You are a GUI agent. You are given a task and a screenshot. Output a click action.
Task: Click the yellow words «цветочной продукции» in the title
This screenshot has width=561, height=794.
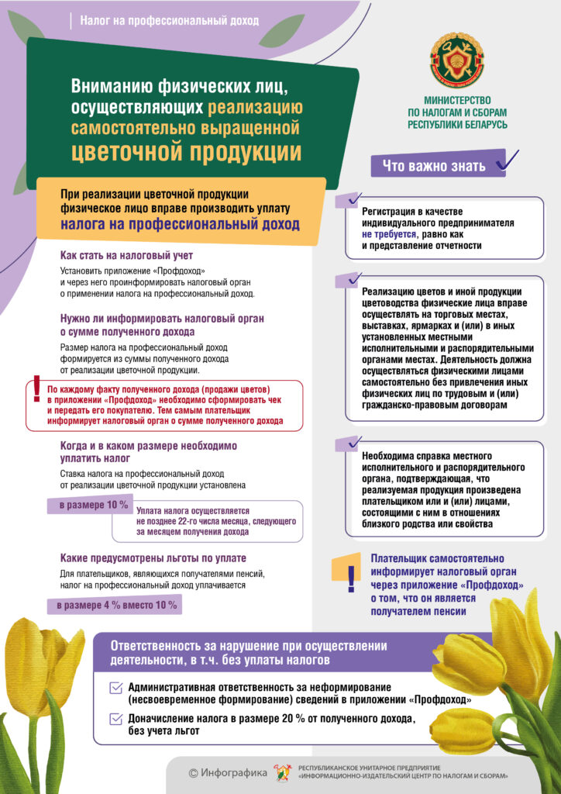pyautogui.click(x=187, y=150)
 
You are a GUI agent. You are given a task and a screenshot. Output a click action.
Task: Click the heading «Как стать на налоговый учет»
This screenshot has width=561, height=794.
pyautogui.click(x=126, y=256)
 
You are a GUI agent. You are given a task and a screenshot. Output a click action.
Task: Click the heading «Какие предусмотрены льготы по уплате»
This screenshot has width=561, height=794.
pyautogui.click(x=153, y=558)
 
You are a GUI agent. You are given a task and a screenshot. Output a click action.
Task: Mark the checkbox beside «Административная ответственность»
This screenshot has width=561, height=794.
pyautogui.click(x=116, y=687)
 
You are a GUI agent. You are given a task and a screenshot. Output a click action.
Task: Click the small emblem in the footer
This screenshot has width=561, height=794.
pyautogui.click(x=282, y=772)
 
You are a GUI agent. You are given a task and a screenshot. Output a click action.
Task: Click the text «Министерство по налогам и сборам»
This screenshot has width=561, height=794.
pyautogui.click(x=457, y=112)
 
